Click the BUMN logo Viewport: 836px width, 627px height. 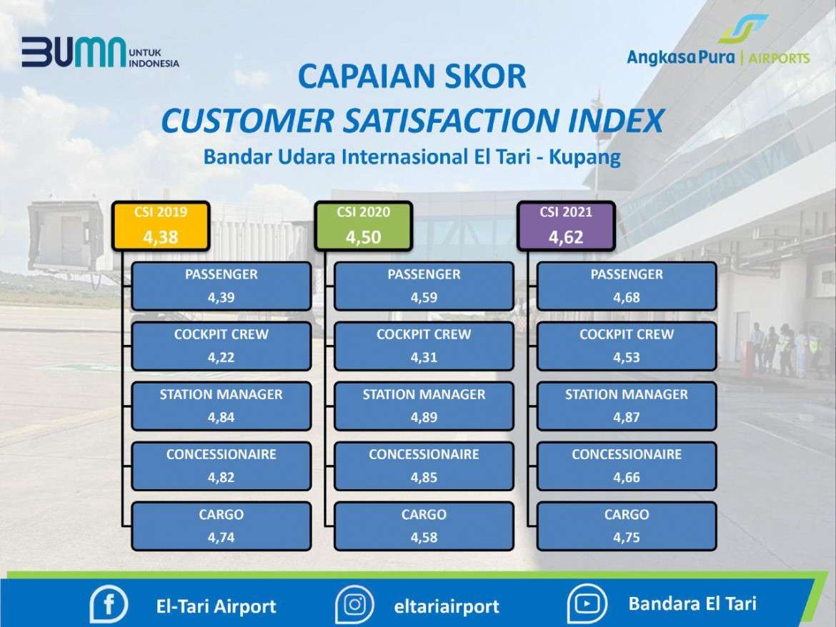[100, 52]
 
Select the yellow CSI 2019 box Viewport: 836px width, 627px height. [161, 226]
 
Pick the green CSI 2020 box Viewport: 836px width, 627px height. [363, 226]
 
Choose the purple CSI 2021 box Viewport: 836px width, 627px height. [566, 226]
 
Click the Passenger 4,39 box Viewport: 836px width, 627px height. [222, 286]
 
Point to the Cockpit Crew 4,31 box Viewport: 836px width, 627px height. [424, 346]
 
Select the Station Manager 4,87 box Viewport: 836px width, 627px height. [627, 406]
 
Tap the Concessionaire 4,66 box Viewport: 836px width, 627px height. [627, 466]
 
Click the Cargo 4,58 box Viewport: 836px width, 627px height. [424, 526]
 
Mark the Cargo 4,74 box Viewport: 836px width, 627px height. [222, 526]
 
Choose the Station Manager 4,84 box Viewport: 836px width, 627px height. [222, 406]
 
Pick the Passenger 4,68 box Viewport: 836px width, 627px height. [627, 286]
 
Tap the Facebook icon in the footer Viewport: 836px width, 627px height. [109, 605]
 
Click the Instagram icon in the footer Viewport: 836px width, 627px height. [354, 605]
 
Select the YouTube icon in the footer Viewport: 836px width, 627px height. [587, 604]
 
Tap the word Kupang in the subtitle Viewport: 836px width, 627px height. [585, 158]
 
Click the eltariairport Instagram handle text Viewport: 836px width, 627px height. [447, 606]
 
